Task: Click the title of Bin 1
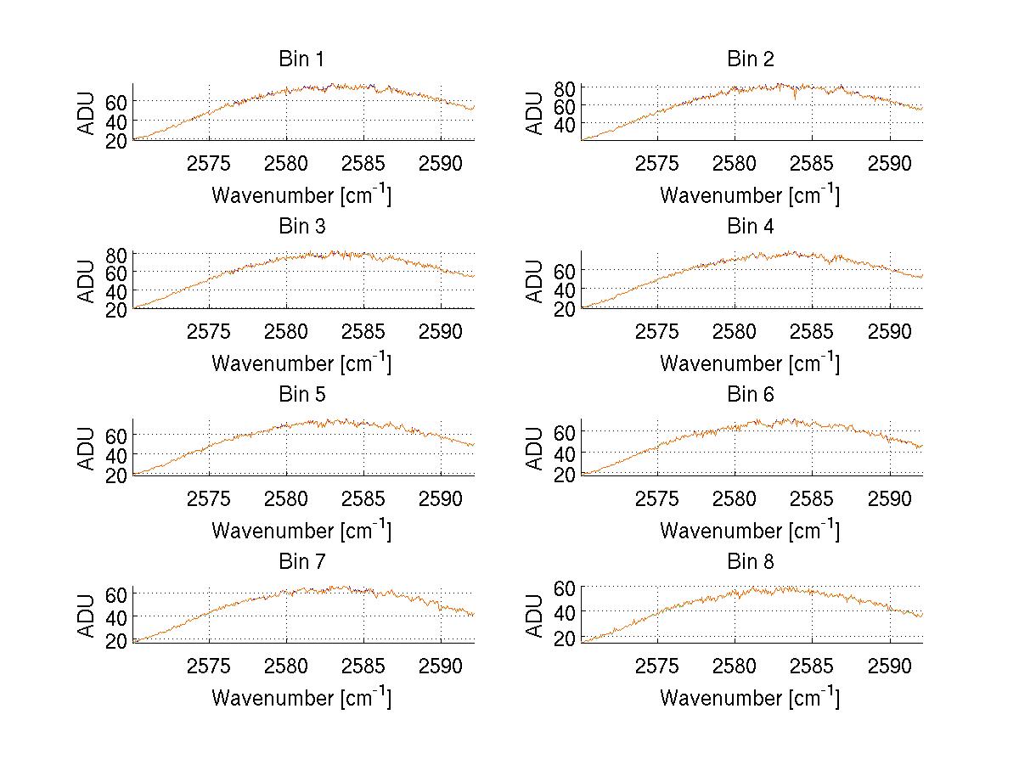pos(301,59)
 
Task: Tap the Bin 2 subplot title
pos(751,59)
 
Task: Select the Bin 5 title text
pos(301,395)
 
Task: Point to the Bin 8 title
pos(751,562)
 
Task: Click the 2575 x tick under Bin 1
pos(209,163)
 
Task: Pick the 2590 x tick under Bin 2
pos(890,163)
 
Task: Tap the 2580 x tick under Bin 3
pos(286,330)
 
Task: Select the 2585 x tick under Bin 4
pos(813,330)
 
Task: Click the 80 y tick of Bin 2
pos(566,87)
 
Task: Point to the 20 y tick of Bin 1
pos(117,142)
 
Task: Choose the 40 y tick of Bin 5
pos(117,455)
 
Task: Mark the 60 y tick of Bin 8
pos(566,588)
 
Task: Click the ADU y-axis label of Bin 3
pos(88,281)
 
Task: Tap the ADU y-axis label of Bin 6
pos(537,448)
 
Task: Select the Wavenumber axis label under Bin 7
pos(301,698)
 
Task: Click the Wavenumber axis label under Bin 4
pos(750,363)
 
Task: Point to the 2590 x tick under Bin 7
pos(441,665)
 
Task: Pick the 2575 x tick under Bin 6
pos(657,498)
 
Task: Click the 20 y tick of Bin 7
pos(117,642)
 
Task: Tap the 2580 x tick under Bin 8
pos(735,665)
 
